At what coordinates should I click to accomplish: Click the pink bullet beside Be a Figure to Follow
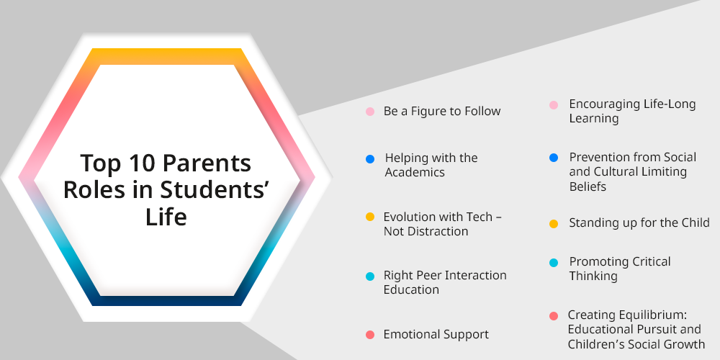point(370,112)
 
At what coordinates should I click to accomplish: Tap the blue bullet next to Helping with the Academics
point(370,159)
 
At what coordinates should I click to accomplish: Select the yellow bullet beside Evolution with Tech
point(370,217)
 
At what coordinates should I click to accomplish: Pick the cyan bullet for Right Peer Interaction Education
point(370,276)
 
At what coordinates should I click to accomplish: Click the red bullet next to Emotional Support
point(370,335)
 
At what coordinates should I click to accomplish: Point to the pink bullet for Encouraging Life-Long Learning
point(554,105)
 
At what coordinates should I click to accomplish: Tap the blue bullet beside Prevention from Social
point(554,158)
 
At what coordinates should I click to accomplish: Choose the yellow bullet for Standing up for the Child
point(554,224)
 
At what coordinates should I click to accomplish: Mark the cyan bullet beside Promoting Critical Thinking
point(554,263)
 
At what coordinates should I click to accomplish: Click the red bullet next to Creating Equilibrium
point(554,316)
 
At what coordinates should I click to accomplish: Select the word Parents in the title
point(207,163)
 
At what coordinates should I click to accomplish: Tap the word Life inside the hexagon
point(166,217)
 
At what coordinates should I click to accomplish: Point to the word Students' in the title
point(213,190)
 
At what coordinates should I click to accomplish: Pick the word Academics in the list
point(415,172)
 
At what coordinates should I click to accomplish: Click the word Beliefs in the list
point(588,186)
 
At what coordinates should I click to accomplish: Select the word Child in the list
point(695,222)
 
